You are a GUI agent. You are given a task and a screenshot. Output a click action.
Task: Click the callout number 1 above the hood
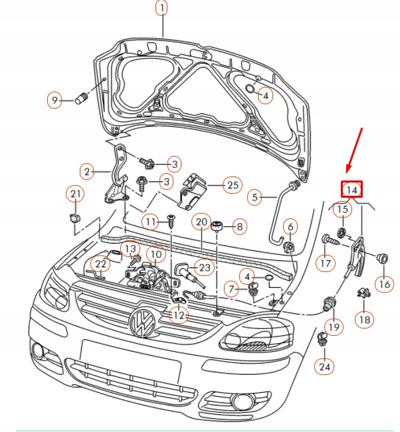click(162, 8)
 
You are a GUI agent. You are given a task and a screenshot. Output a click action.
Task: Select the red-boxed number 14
click(353, 189)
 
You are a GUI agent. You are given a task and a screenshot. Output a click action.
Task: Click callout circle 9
click(54, 100)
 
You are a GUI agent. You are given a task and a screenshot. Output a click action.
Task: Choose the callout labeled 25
click(231, 185)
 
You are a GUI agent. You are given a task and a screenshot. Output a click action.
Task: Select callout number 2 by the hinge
click(86, 171)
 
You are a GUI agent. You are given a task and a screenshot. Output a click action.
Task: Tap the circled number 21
click(75, 194)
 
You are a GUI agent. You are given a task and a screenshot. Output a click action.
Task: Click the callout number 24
click(324, 365)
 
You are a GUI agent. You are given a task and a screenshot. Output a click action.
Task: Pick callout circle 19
click(334, 326)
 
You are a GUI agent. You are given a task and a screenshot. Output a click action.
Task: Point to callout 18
click(363, 319)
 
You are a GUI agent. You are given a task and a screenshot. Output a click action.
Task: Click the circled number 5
click(255, 196)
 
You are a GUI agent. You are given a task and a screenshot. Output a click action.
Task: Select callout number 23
click(204, 268)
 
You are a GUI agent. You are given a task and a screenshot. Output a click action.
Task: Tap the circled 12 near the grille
click(179, 316)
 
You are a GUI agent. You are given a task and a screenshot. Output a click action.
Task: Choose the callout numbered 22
click(100, 264)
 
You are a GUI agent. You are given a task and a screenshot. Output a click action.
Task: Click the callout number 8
click(239, 226)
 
